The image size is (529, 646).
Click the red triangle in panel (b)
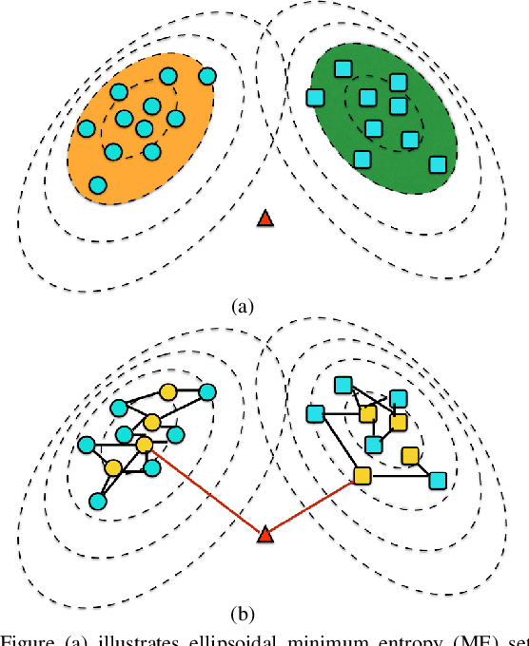point(265,537)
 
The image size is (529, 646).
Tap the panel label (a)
point(244,306)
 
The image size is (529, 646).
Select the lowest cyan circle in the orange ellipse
point(98,184)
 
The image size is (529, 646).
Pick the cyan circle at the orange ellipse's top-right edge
point(206,74)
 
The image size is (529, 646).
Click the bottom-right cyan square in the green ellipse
point(438,164)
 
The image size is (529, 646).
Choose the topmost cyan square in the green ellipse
point(343,66)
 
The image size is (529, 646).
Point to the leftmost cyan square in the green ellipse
point(313,96)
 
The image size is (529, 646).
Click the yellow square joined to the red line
point(362,475)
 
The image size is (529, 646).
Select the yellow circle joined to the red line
point(144,445)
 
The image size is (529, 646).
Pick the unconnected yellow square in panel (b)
point(410,455)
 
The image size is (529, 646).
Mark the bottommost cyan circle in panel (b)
point(96,501)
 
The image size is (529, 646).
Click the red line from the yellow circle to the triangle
point(205,490)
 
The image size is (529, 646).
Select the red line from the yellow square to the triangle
point(314,505)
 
